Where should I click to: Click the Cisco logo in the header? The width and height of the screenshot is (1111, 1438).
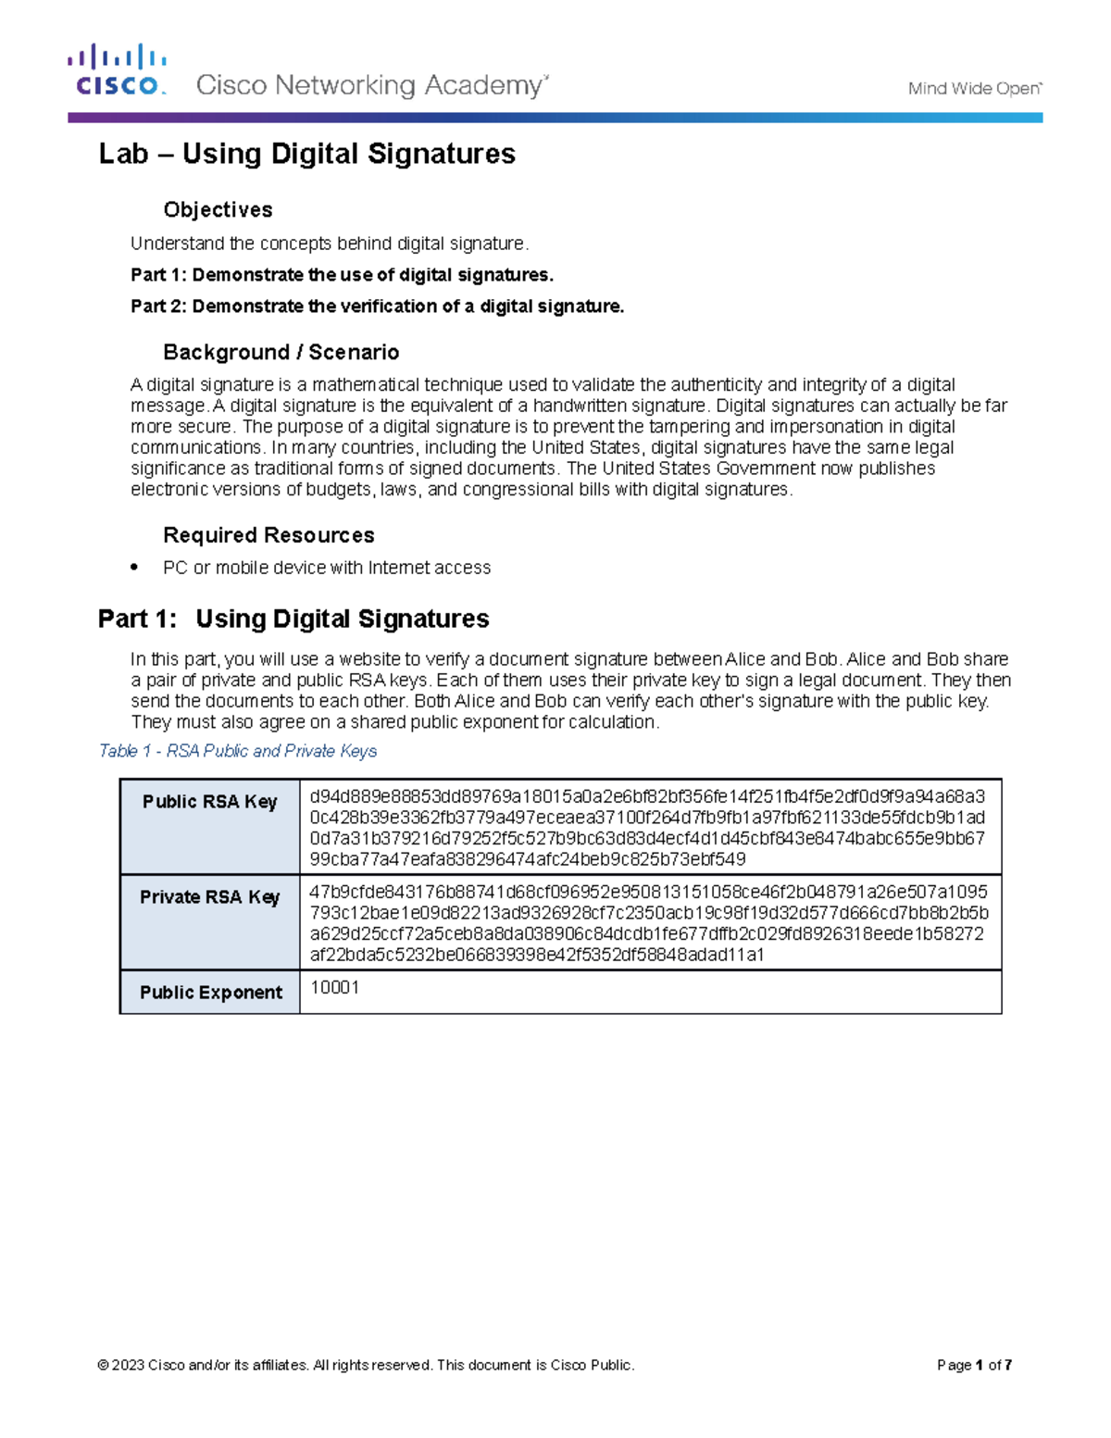point(117,70)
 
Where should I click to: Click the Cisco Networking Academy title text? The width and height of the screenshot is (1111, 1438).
point(371,86)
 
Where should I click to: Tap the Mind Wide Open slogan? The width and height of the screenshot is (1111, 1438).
point(974,89)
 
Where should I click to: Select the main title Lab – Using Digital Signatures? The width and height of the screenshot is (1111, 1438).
point(306,154)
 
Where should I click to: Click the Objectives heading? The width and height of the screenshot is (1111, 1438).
point(218,210)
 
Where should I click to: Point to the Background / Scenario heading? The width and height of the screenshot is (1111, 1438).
point(281,352)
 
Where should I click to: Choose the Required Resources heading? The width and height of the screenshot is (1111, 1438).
point(268,535)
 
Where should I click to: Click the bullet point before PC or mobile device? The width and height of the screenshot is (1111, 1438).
point(135,567)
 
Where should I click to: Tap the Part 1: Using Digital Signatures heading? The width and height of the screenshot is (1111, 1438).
point(293,619)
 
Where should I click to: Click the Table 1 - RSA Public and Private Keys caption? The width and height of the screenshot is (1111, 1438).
point(238,751)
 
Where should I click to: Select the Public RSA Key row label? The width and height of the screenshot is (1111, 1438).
point(210,802)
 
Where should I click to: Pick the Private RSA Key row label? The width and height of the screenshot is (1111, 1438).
point(210,897)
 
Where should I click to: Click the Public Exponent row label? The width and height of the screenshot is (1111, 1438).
point(210,993)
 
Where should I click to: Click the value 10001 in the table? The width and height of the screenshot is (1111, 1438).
point(334,988)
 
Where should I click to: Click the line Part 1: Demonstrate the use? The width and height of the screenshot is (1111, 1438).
point(342,275)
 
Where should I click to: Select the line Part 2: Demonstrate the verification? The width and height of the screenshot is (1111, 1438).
point(377,306)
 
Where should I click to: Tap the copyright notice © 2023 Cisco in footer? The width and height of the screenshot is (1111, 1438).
point(366,1365)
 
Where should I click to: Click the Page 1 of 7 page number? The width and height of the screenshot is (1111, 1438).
point(974,1365)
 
